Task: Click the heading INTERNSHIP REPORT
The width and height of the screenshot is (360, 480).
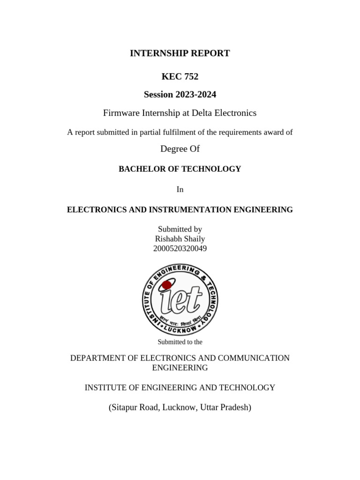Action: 180,53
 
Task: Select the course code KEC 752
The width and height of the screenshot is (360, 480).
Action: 180,76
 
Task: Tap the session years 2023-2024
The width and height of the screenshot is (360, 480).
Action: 196,95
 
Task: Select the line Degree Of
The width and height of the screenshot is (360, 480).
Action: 180,149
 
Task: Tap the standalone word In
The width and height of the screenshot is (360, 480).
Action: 180,190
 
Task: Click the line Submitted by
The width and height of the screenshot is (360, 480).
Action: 180,229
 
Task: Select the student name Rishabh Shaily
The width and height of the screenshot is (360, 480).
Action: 180,239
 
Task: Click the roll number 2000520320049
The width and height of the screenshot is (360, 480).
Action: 180,249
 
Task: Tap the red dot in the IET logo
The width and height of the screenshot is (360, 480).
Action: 166,285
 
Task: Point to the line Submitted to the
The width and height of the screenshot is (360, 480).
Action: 180,342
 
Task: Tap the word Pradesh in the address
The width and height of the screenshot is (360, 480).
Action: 234,408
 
